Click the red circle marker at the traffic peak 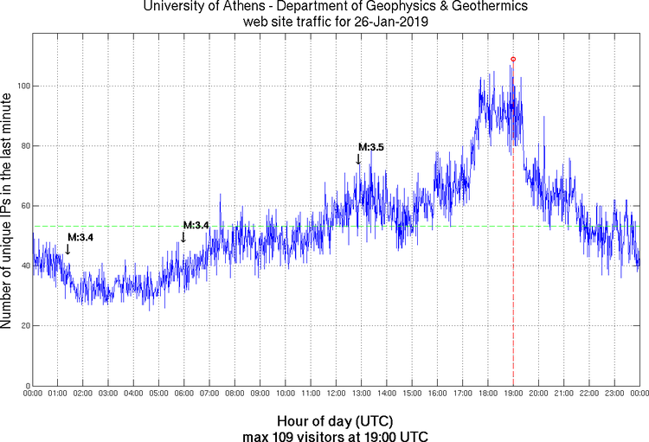coord(513,59)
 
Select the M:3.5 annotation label coord(370,147)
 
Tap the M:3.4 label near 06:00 coord(196,225)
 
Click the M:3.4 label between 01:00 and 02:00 coord(81,236)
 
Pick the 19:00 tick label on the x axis coord(513,394)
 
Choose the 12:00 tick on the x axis coord(336,394)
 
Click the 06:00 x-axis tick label coord(184,394)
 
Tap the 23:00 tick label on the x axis coord(614,394)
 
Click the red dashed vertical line coord(513,259)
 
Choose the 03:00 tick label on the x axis coord(108,394)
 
